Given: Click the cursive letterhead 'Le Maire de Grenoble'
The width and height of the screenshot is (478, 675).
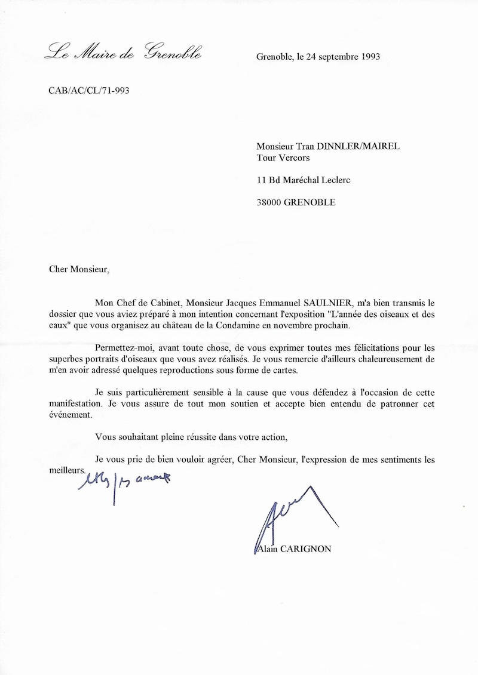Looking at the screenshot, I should (123, 53).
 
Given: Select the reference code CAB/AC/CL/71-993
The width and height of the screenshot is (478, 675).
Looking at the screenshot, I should (88, 91).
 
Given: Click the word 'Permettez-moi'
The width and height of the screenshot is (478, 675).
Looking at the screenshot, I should (122, 347).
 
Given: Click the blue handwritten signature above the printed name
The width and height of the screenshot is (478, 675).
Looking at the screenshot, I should (281, 516).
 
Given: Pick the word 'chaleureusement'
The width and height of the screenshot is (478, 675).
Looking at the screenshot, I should (382, 359).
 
